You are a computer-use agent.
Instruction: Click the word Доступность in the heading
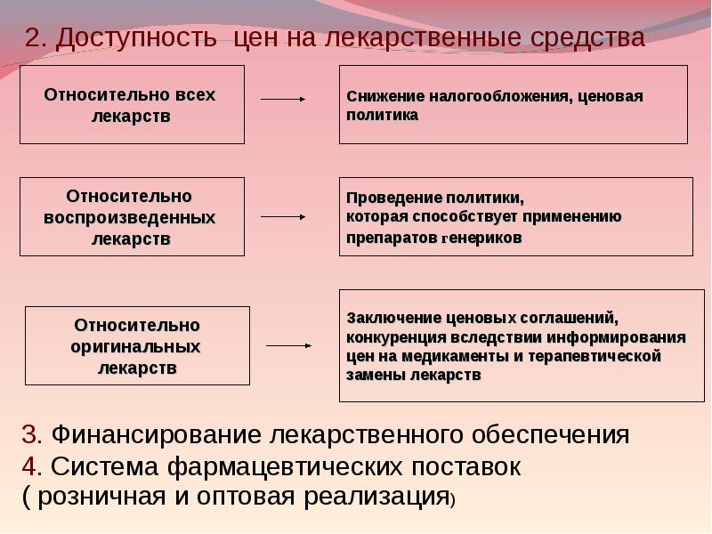tap(141, 37)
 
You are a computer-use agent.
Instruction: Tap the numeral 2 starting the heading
tap(33, 37)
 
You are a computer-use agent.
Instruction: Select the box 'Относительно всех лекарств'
tap(131, 104)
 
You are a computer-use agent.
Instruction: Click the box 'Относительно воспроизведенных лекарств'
tap(131, 216)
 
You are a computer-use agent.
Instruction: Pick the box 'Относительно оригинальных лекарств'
tap(137, 345)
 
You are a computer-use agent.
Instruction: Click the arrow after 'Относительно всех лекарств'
tap(283, 100)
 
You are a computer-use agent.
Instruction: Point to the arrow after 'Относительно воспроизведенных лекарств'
tap(283, 216)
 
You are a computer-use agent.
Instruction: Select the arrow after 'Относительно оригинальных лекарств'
tap(288, 344)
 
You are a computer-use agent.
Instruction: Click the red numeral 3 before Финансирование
tap(29, 435)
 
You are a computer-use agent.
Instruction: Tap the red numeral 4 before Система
tap(29, 466)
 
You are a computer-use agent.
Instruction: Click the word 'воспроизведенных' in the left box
tap(131, 217)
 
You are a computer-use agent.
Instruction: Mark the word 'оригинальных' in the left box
tap(135, 345)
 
